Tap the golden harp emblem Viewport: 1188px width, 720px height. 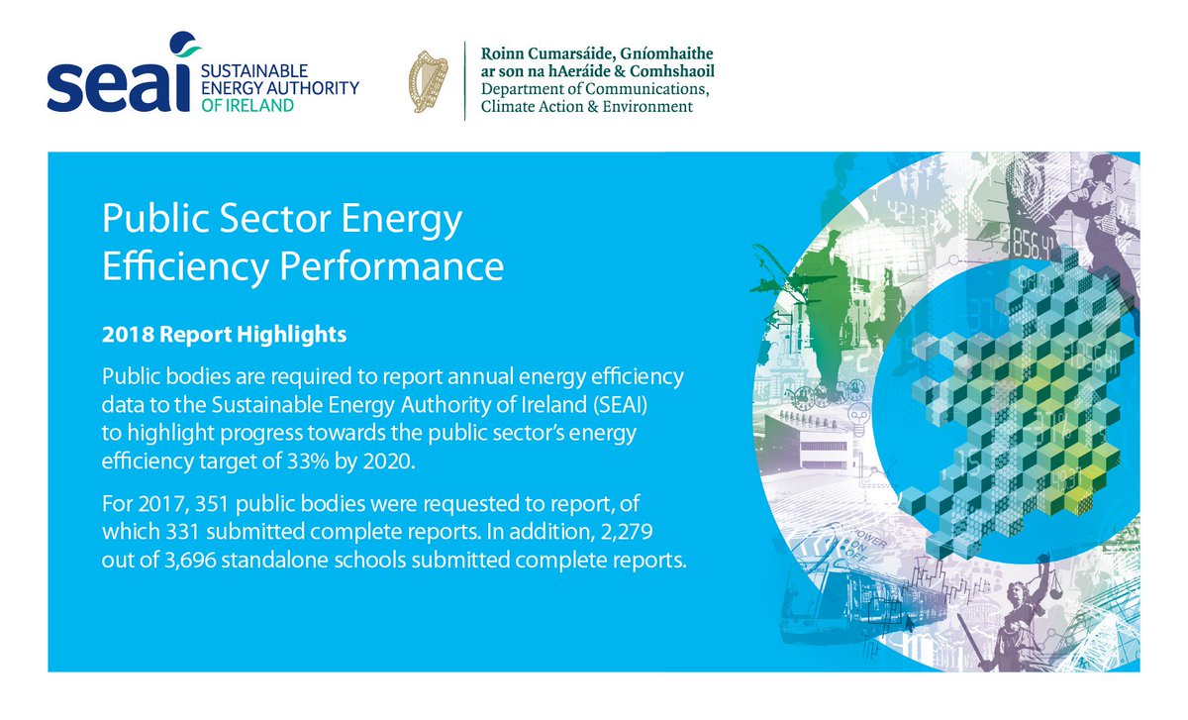(x=429, y=82)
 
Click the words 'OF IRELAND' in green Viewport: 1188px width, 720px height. (x=247, y=106)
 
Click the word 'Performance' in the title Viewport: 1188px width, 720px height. (x=391, y=266)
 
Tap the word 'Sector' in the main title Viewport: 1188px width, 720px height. (x=275, y=219)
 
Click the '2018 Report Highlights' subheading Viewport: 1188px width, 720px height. (x=224, y=335)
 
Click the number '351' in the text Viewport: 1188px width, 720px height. (x=212, y=504)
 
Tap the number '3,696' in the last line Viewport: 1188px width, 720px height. (x=190, y=561)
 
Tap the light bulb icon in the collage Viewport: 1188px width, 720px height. (x=858, y=418)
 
